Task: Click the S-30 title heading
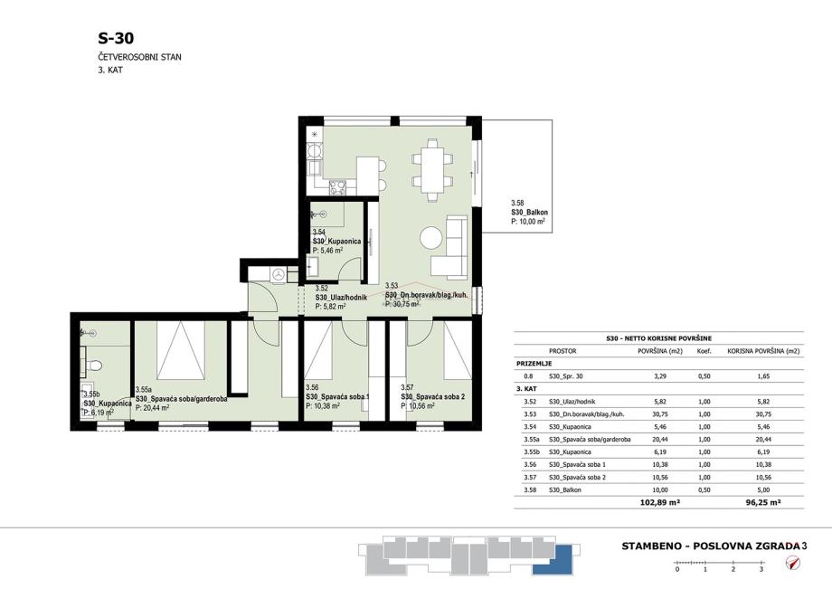[116, 38]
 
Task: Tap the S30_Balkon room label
[530, 213]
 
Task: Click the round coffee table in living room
[430, 237]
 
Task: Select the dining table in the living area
[432, 170]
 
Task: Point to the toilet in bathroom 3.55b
[94, 366]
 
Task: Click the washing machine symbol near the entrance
[278, 274]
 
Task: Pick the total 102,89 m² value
[660, 502]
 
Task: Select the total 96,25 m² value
[763, 502]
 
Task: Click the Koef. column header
[704, 351]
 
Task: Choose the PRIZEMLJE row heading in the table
[534, 364]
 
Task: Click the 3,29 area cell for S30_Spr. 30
[660, 376]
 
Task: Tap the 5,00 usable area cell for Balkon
[763, 489]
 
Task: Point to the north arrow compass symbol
[793, 562]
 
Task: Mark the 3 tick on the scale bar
[761, 569]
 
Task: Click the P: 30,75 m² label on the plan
[402, 305]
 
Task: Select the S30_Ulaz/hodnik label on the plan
[341, 298]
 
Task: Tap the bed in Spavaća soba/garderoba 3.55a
[181, 350]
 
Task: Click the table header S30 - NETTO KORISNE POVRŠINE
[658, 338]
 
